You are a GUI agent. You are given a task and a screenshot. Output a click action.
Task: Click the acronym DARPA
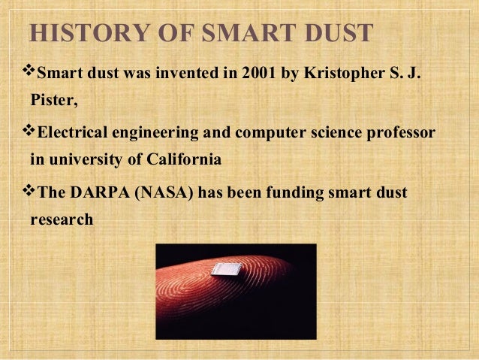pyautogui.click(x=100, y=192)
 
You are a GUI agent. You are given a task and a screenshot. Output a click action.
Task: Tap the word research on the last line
pyautogui.click(x=62, y=219)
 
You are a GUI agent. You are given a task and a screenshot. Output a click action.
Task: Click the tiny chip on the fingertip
pyautogui.click(x=227, y=268)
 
